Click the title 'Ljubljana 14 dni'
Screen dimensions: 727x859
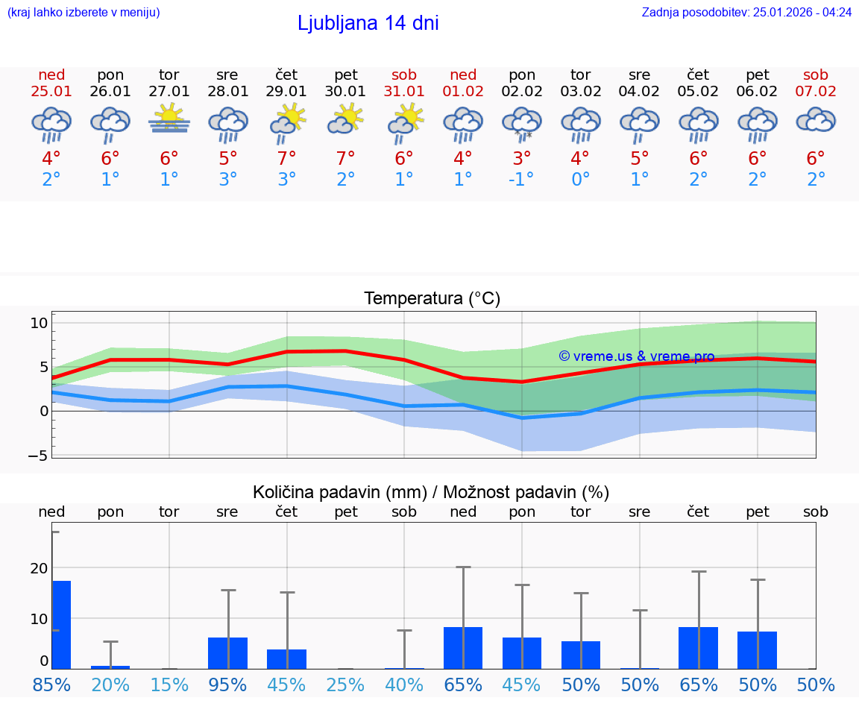coord(368,23)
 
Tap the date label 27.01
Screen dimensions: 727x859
coord(169,92)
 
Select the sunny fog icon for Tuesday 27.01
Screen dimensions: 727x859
coord(169,119)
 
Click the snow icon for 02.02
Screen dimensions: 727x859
coord(522,123)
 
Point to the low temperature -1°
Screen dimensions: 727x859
coord(521,180)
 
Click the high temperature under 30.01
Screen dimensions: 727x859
coord(345,159)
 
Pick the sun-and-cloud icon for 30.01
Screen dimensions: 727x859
coord(345,119)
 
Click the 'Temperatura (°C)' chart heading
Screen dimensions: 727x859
coord(432,299)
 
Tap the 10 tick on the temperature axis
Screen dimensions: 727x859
coord(39,323)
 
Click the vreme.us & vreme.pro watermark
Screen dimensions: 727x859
coord(637,356)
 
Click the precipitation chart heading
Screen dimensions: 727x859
coord(431,492)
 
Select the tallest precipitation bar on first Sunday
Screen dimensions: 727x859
coord(61,624)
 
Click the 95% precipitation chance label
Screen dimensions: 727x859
coord(227,684)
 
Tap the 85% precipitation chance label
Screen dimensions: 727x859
coord(52,684)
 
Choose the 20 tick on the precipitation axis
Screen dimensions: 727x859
coord(39,568)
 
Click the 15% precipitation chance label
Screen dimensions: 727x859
coord(169,684)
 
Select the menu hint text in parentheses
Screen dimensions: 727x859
coord(84,12)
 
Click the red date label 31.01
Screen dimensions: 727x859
coord(404,92)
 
